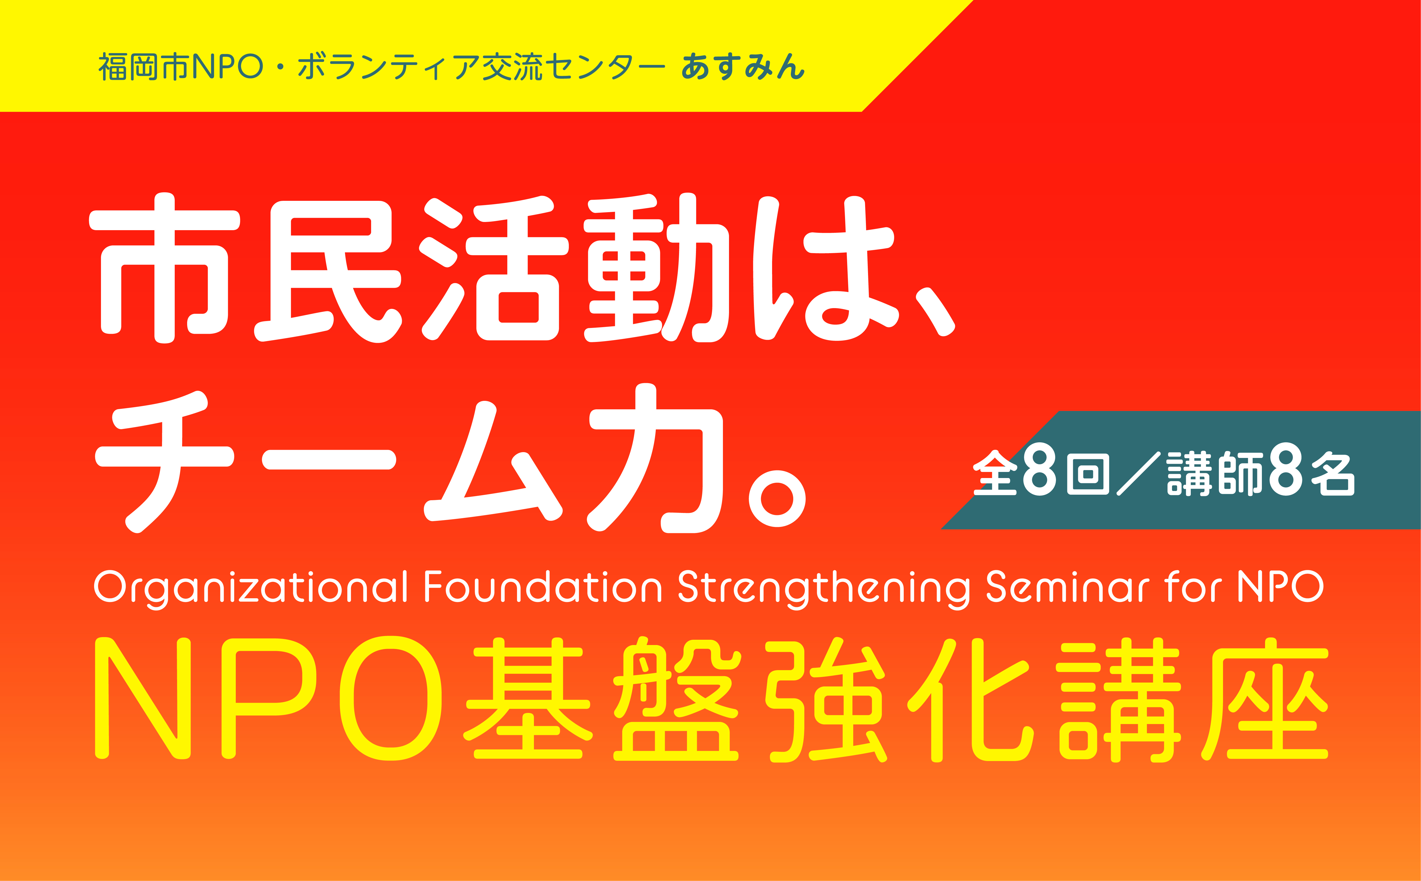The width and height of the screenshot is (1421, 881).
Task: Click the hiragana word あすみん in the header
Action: click(743, 66)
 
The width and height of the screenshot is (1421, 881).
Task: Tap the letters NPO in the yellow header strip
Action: click(227, 66)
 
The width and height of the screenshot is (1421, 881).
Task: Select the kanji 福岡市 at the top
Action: click(145, 66)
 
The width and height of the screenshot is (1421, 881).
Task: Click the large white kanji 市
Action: click(164, 268)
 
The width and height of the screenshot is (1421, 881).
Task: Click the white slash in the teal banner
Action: click(1138, 474)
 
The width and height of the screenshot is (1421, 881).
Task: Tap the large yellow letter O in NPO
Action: click(390, 698)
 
